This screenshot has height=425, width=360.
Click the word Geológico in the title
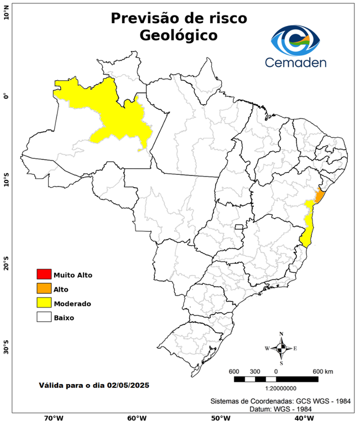179,35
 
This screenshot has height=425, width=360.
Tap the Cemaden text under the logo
295,62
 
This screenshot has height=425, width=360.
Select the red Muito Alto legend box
44,274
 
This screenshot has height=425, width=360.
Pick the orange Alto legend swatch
44,288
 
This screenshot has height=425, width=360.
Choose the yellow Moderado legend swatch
44,303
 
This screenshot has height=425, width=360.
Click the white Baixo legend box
44,317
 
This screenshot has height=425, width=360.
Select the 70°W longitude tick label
54,418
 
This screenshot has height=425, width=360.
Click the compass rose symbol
281,348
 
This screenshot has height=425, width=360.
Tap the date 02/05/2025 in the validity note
128,385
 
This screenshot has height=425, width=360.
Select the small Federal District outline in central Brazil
239,227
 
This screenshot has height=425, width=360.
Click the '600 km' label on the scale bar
323,371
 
